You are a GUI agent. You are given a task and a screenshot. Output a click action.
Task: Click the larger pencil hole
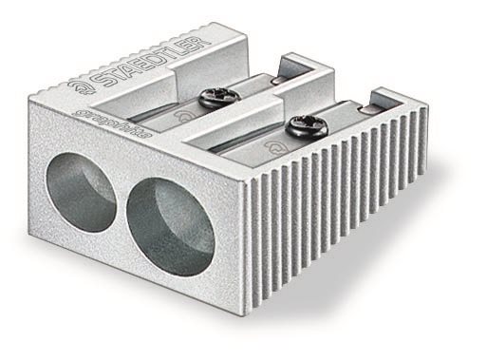tap(173, 227)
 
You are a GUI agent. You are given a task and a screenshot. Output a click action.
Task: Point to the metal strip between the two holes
tap(121, 204)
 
